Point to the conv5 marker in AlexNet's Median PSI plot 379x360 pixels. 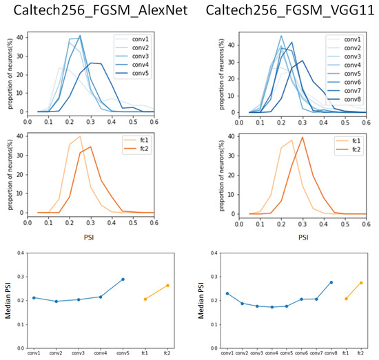123,279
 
